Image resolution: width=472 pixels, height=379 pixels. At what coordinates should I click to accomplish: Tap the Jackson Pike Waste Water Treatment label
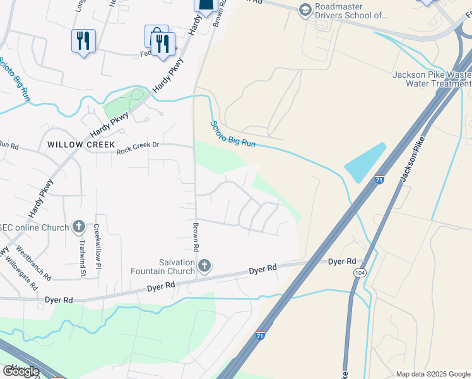click(432, 79)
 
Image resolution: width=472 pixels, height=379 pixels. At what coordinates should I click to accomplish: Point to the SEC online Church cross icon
click(79, 226)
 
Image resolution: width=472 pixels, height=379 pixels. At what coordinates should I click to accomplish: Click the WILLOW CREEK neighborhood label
click(74, 145)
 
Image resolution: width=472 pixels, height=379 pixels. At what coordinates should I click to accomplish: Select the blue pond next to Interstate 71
click(365, 163)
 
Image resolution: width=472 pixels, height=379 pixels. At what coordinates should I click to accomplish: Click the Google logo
click(21, 371)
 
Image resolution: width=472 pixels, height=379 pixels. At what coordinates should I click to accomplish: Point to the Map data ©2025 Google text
click(433, 374)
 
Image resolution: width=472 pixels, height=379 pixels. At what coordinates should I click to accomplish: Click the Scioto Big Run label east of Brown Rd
click(233, 135)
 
